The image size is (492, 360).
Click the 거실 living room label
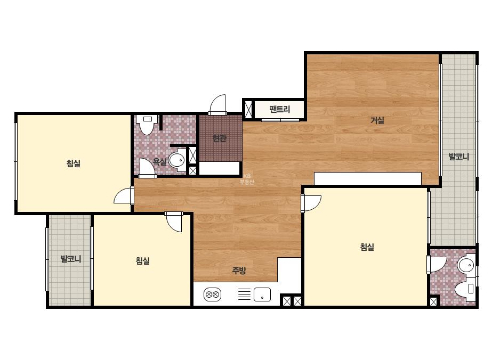click(377, 120)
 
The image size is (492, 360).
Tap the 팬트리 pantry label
click(279, 110)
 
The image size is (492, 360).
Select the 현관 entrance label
click(219, 138)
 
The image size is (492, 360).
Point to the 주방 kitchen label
click(239, 271)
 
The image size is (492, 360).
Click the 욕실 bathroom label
click(160, 162)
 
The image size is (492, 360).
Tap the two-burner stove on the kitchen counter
click(213, 294)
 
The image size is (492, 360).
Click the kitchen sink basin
click(262, 294)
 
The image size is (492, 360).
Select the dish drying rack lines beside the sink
click(244, 294)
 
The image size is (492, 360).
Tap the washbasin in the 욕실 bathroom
click(178, 160)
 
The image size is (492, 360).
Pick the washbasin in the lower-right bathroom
click(467, 265)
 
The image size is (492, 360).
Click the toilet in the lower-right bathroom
click(465, 289)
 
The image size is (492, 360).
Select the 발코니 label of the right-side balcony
click(459, 157)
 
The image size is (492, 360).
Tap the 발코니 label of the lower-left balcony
click(71, 259)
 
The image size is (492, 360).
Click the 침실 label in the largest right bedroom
click(367, 247)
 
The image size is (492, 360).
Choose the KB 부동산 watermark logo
click(247, 179)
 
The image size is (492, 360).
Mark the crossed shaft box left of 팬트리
click(248, 109)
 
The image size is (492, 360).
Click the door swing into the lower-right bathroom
click(437, 265)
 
